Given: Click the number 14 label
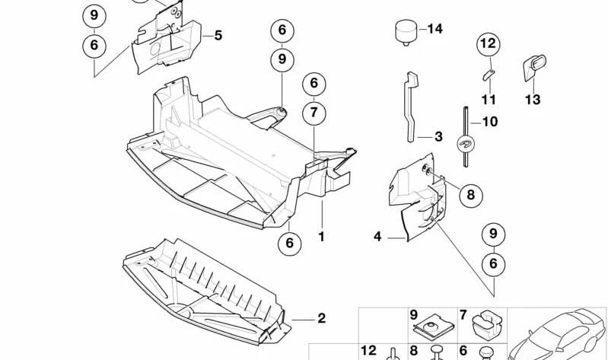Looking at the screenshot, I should [x=435, y=30].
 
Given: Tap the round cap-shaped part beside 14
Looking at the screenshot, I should [x=405, y=32].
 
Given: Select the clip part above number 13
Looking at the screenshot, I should [x=531, y=66].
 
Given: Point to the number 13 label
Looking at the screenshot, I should [x=532, y=99].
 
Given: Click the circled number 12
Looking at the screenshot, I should [x=488, y=45].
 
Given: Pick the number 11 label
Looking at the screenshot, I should [x=489, y=99].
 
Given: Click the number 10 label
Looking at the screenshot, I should [x=489, y=121].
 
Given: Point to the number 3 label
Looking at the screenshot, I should [x=438, y=137].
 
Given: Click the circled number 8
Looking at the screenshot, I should [x=470, y=196].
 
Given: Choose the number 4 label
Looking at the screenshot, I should [x=377, y=237].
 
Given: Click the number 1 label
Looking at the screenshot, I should [x=321, y=237].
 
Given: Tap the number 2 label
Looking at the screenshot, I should [x=321, y=318].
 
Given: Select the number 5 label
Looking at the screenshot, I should [x=218, y=35].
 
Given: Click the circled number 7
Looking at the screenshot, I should [x=313, y=113].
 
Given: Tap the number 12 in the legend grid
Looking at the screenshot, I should [x=369, y=350].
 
